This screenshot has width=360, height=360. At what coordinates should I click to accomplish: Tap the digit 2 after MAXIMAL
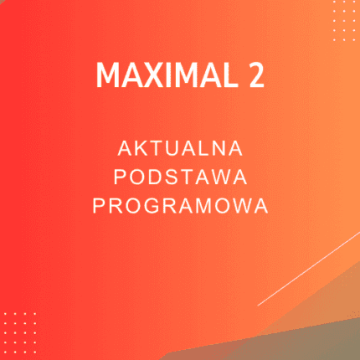click(x=255, y=76)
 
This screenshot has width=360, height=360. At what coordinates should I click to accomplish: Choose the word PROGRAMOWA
click(x=180, y=205)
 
